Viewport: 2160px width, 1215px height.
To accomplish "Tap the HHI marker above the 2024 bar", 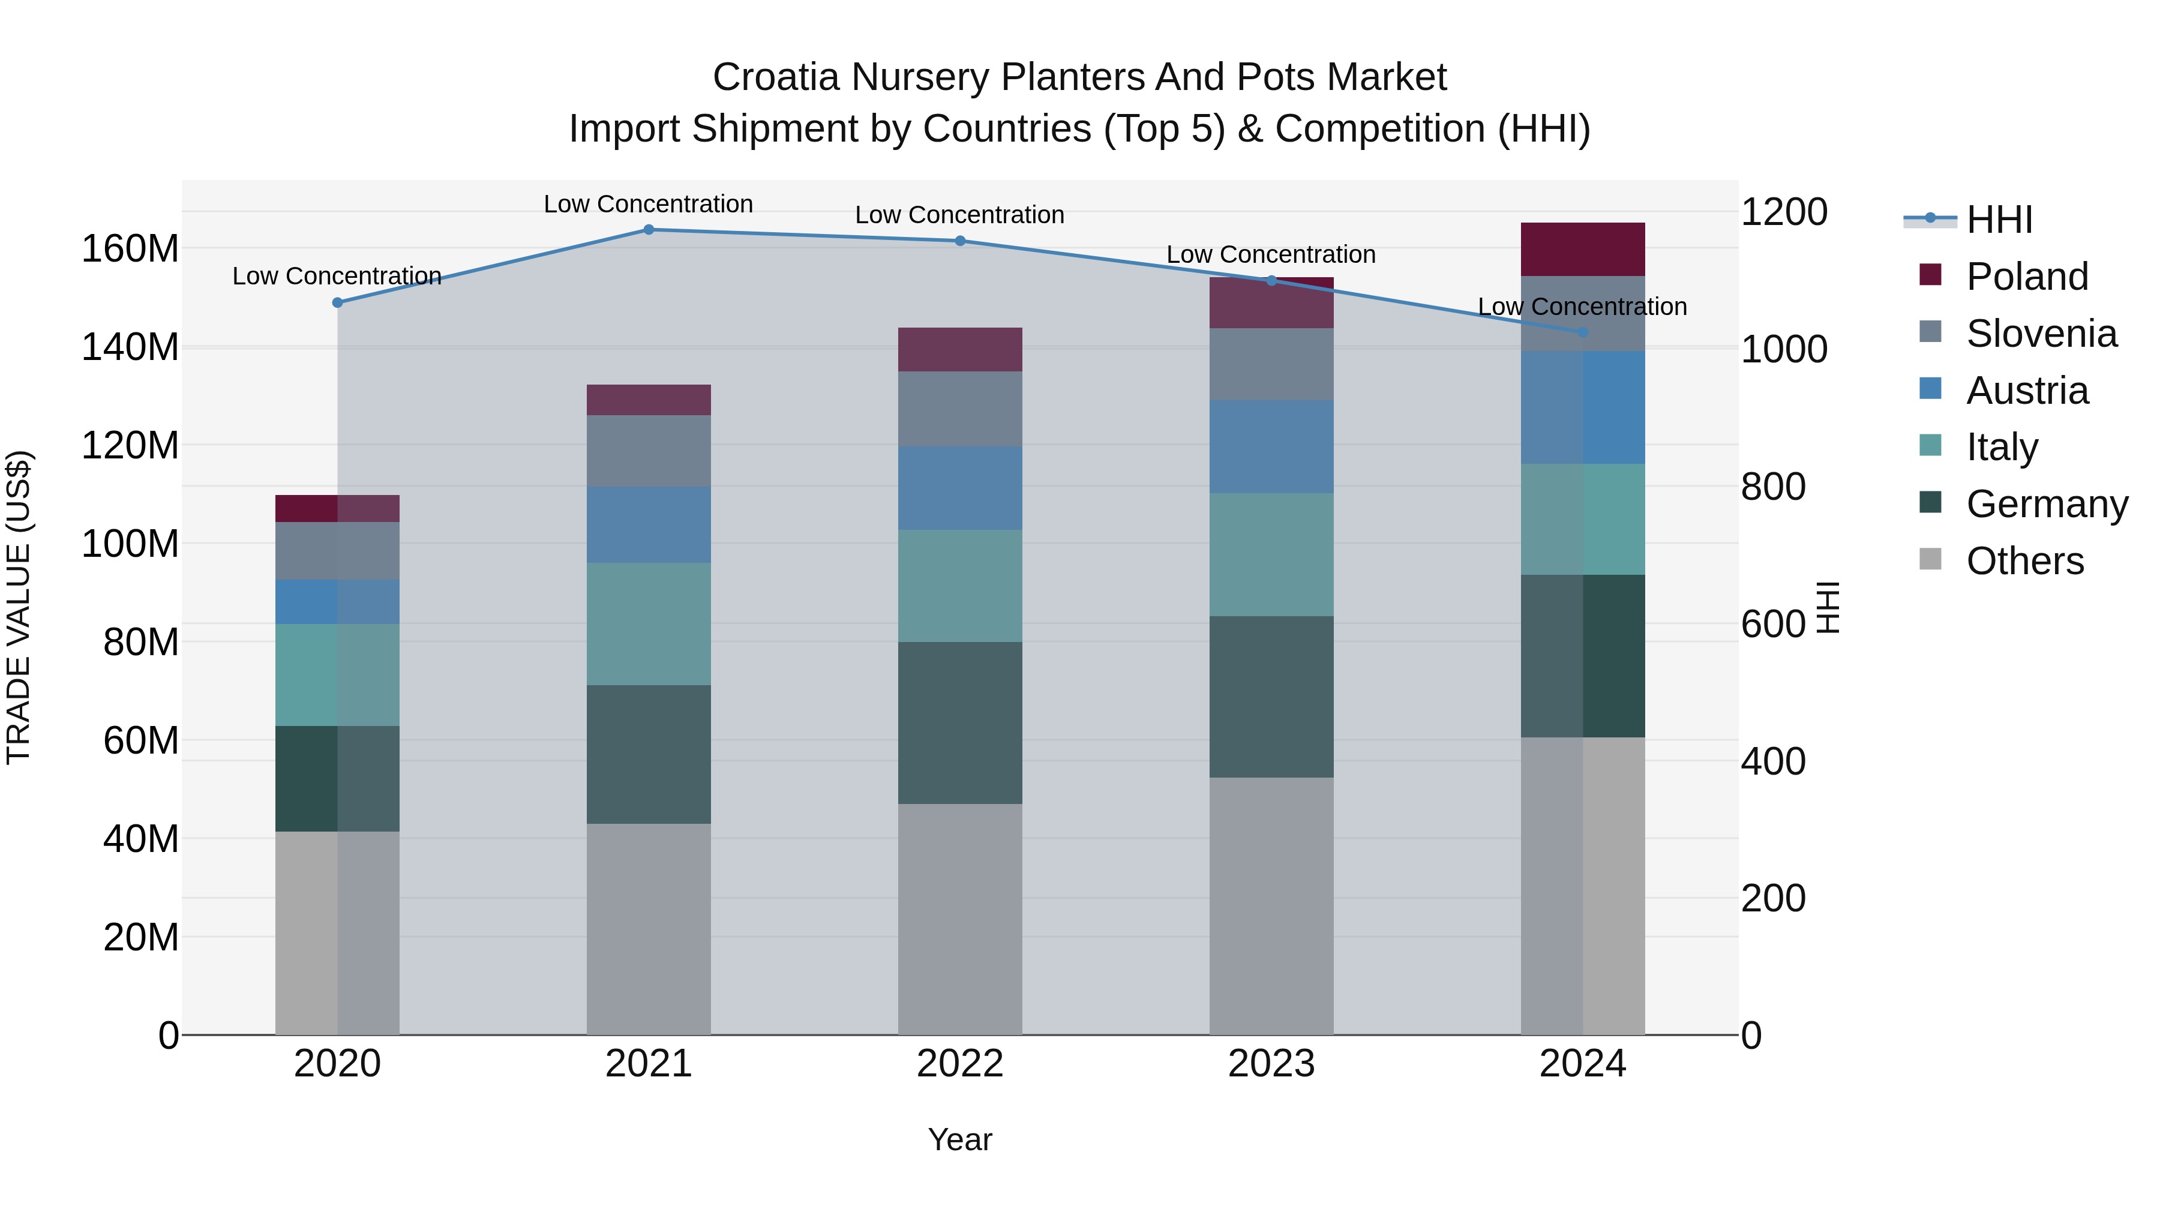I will pos(1582,332).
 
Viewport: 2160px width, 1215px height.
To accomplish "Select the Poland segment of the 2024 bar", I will pos(1582,249).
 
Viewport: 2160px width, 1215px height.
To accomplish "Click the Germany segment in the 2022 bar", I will pos(959,723).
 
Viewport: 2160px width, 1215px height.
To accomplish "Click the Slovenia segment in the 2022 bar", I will pos(959,409).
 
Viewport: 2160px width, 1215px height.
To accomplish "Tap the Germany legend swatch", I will pos(1930,503).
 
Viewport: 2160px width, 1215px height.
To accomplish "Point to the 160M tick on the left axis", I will pos(130,249).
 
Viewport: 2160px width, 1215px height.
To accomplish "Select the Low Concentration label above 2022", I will pos(959,215).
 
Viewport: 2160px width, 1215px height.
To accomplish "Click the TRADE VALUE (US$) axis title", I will pos(19,607).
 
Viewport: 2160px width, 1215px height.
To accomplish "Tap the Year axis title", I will pos(959,1139).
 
